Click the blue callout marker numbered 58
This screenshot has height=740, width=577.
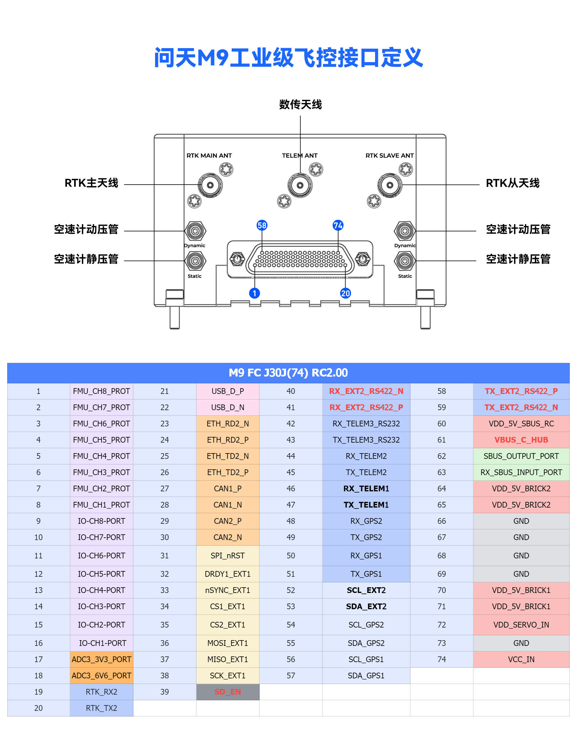point(262,225)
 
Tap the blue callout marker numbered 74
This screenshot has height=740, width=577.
point(338,225)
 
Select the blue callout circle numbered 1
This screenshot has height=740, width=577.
point(254,293)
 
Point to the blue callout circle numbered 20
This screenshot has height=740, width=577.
point(345,293)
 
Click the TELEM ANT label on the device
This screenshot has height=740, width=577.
point(300,155)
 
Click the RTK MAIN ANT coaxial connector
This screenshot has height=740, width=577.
point(210,185)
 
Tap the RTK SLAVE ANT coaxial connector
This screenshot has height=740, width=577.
point(390,185)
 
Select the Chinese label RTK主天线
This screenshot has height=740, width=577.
point(91,183)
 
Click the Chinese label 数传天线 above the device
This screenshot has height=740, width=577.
point(300,104)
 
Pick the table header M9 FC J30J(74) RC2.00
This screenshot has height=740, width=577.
point(288,373)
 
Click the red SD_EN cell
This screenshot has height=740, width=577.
point(227,692)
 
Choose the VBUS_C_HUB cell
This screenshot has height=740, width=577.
point(521,440)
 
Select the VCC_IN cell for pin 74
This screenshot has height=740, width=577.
point(521,659)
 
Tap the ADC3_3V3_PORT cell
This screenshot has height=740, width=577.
point(101,659)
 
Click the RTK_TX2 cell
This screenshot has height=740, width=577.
point(101,708)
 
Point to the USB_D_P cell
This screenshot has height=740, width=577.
point(227,391)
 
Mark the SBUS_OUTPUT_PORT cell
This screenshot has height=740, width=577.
point(521,456)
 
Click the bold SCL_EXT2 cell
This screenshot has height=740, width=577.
point(366,590)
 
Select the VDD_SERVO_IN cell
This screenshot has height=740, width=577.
point(521,625)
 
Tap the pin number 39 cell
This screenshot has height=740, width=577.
point(165,692)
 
